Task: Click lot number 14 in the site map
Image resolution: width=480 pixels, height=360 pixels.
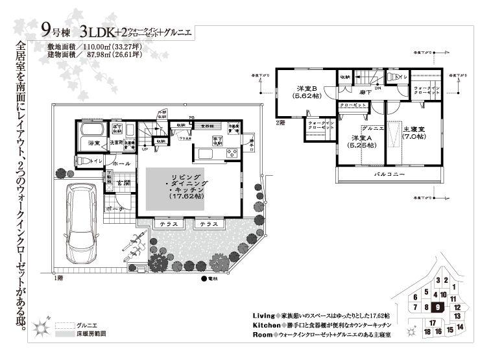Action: coord(459,327)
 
